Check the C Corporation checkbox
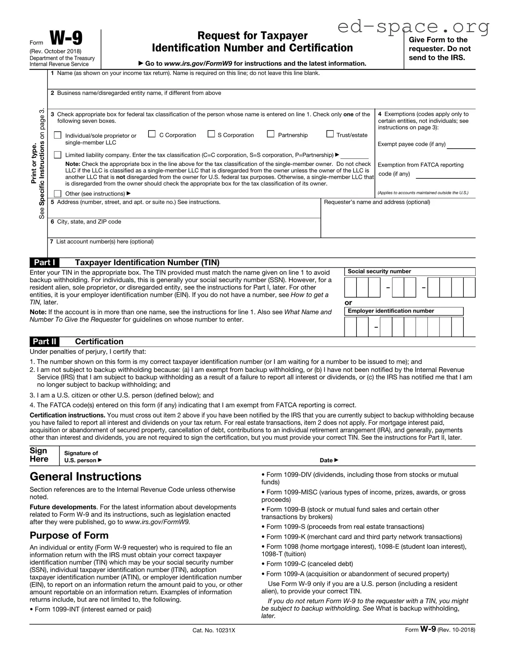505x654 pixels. point(152,134)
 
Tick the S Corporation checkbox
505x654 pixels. point(211,134)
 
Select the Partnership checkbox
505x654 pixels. point(271,134)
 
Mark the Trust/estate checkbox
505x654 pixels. point(330,134)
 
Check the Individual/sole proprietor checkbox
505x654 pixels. point(58,135)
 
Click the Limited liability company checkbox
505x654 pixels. point(58,155)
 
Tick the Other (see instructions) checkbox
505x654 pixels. point(58,193)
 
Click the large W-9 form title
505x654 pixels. point(66,38)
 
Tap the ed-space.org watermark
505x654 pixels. point(413,26)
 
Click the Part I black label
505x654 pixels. point(44,262)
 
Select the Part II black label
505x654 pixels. point(44,341)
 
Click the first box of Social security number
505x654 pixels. point(350,287)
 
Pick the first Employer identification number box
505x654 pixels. point(350,327)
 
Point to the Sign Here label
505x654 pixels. point(39,455)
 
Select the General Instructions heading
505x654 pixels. point(85,476)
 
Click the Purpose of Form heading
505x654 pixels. point(69,535)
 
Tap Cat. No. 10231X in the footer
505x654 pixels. point(214,630)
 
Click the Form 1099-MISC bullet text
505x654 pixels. point(363,495)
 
